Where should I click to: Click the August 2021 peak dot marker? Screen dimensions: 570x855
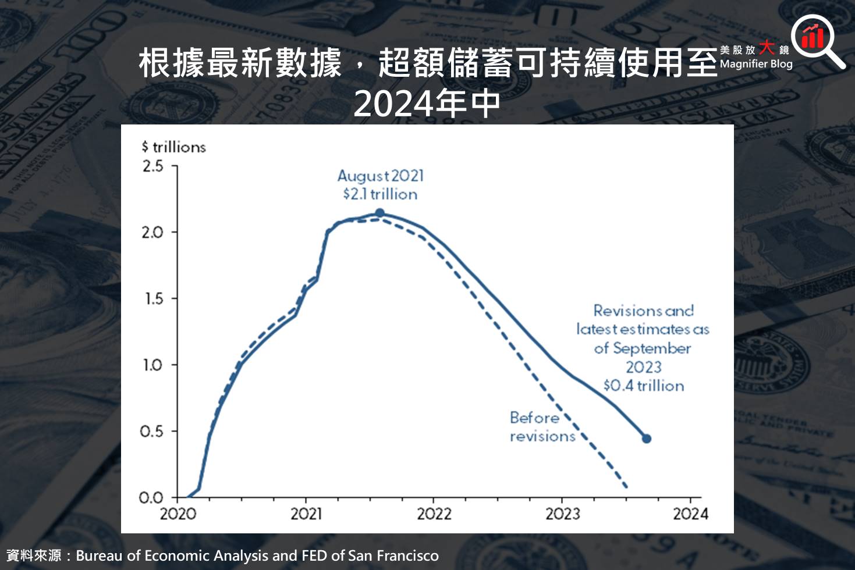click(x=379, y=213)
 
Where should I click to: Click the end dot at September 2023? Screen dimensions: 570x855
click(x=646, y=439)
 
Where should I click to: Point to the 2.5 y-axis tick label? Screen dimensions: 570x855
click(x=152, y=166)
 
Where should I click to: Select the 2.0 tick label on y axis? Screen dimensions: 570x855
click(x=152, y=233)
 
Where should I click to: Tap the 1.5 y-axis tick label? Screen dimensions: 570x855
click(x=152, y=299)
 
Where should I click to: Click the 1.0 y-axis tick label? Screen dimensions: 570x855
click(x=152, y=365)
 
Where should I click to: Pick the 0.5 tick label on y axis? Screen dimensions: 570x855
click(x=151, y=432)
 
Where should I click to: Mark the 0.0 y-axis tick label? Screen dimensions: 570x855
click(x=151, y=498)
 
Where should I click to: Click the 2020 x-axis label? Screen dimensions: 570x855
click(x=178, y=514)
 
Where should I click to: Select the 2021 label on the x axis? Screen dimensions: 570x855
click(x=306, y=514)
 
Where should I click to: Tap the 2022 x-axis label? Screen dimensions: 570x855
click(x=434, y=514)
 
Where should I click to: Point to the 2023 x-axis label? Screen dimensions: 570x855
click(x=562, y=514)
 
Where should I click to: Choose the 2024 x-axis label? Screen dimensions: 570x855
click(x=691, y=514)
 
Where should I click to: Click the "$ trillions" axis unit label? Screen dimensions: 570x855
click(x=174, y=147)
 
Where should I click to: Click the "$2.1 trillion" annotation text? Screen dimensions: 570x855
click(x=380, y=194)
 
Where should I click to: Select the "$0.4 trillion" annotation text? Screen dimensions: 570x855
click(x=644, y=386)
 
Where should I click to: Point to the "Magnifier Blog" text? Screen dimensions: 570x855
click(x=756, y=64)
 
